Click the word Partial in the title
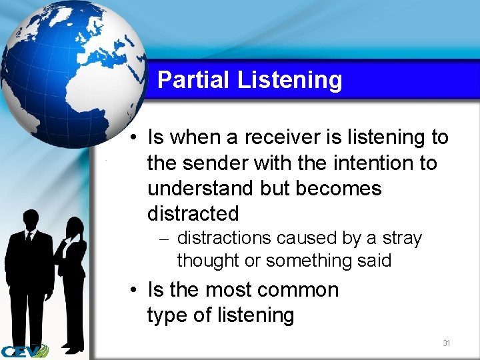(x=193, y=80)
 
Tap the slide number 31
(x=447, y=343)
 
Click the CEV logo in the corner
(x=23, y=351)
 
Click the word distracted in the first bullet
(x=193, y=213)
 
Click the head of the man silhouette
(x=30, y=220)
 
